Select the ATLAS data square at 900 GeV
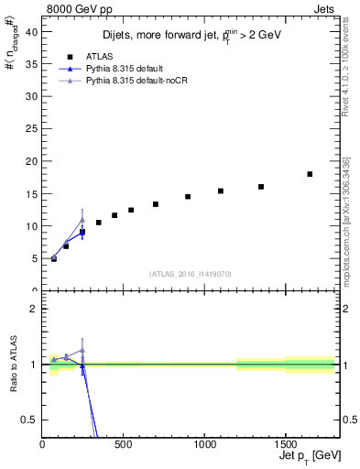pyautogui.click(x=188, y=196)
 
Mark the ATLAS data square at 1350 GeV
pyautogui.click(x=261, y=187)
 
